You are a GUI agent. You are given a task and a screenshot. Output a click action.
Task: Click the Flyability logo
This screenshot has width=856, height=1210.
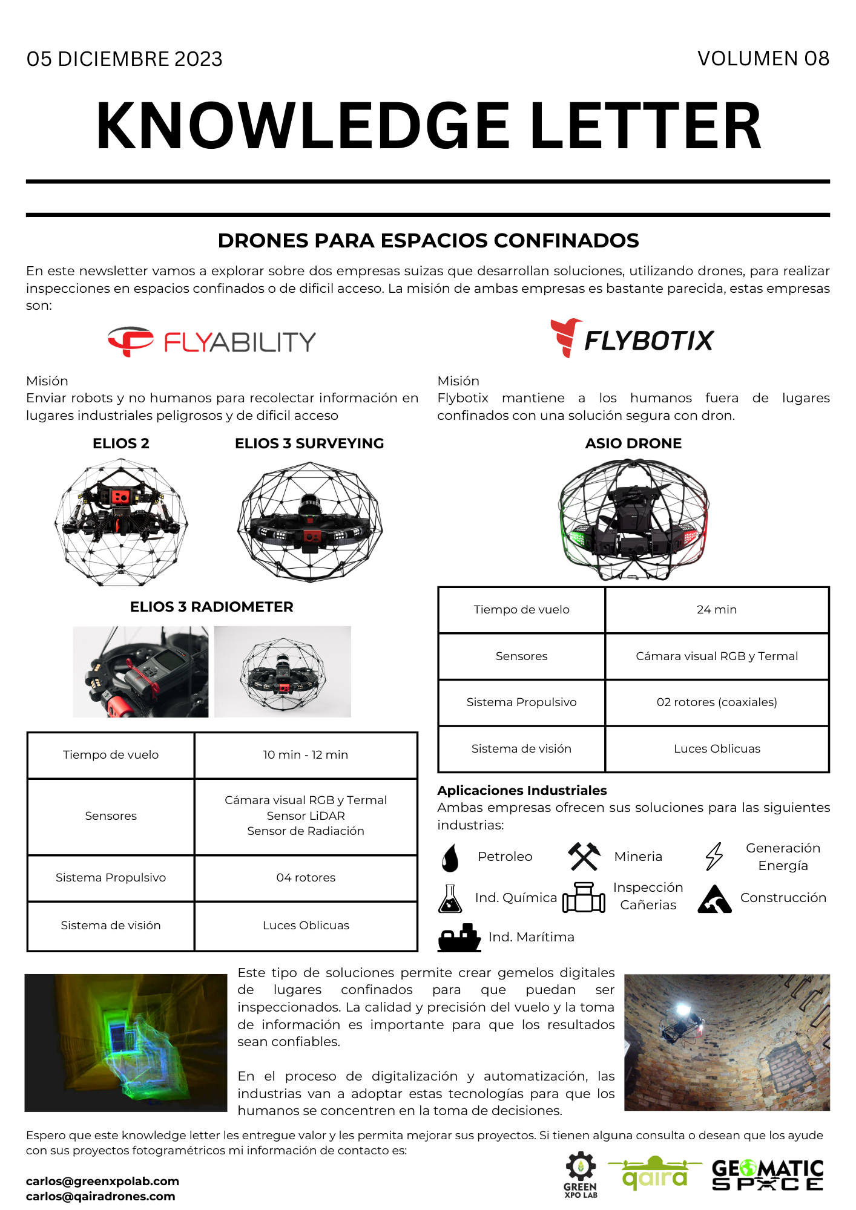tap(212, 342)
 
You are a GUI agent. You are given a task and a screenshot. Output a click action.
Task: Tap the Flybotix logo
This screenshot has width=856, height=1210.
tap(633, 339)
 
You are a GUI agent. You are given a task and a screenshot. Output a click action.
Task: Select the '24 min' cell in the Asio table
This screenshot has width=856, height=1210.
tap(717, 610)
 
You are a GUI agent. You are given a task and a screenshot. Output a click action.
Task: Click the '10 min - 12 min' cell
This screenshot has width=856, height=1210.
tap(306, 755)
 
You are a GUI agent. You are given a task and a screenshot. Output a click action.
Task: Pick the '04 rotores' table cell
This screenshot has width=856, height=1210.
tap(306, 878)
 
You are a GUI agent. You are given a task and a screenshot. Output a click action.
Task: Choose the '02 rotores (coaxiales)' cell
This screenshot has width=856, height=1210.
tap(717, 702)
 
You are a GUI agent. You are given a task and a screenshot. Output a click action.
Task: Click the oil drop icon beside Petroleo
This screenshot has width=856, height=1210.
tap(450, 857)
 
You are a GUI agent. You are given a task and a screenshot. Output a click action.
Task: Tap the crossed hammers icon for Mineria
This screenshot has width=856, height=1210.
tap(584, 857)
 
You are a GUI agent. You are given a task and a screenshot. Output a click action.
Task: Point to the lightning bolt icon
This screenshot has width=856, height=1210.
tap(714, 857)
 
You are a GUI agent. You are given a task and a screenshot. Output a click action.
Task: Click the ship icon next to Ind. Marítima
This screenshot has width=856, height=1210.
tap(459, 937)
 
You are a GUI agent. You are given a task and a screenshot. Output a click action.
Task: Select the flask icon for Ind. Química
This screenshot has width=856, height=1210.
tap(450, 898)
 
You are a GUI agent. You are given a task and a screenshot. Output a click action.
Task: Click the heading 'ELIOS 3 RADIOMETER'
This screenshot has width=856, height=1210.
tap(212, 607)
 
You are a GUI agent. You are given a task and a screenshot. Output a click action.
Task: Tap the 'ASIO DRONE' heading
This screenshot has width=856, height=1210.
tap(633, 443)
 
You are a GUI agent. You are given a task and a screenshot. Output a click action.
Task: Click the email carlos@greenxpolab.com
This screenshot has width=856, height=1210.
tap(103, 1181)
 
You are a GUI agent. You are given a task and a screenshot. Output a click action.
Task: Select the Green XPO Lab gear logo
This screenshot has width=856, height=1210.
tap(581, 1174)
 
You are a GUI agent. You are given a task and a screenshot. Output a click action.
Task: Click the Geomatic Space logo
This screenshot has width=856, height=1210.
tap(768, 1175)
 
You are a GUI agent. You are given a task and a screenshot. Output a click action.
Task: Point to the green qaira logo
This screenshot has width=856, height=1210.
tap(655, 1174)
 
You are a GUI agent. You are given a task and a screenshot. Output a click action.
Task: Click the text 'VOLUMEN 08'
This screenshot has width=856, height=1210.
tap(763, 59)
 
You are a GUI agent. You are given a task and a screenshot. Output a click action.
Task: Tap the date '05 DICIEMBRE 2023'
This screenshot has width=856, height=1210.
tap(125, 59)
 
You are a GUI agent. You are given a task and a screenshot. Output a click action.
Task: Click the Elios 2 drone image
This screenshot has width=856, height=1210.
tap(121, 522)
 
